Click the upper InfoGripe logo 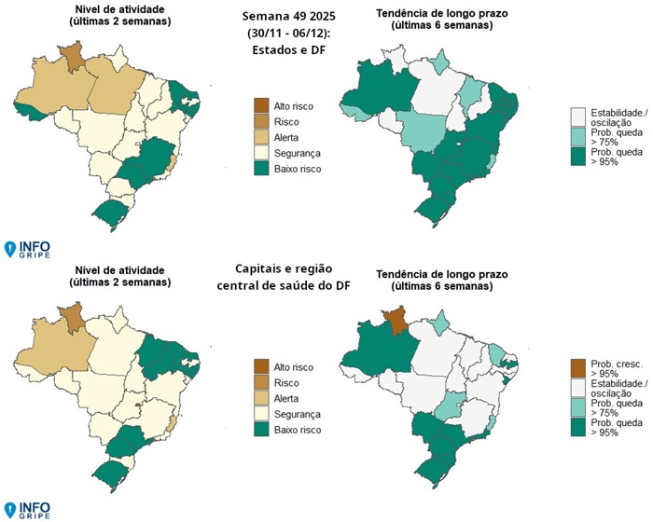[28, 248]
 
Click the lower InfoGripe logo [28, 509]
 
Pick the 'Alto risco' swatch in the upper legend [262, 105]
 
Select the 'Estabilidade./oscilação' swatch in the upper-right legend [577, 114]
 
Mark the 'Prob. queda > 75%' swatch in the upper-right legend [577, 136]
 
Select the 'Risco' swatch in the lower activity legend [262, 382]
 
